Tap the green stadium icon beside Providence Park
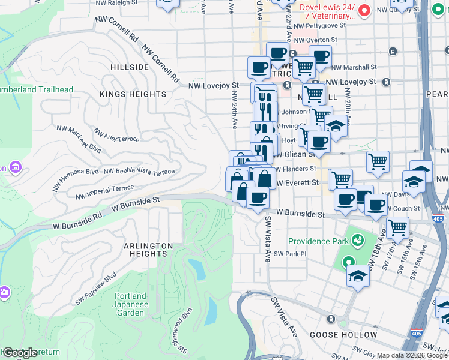coord(358,241)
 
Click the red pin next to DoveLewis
coord(364,10)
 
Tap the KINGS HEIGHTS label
coord(133,94)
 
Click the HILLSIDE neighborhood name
coord(129,67)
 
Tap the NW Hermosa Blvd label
coord(76,178)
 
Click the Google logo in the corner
coord(20,353)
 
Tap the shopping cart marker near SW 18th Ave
coord(397,227)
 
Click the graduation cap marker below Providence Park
coord(358,276)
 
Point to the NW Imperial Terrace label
coord(105,192)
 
